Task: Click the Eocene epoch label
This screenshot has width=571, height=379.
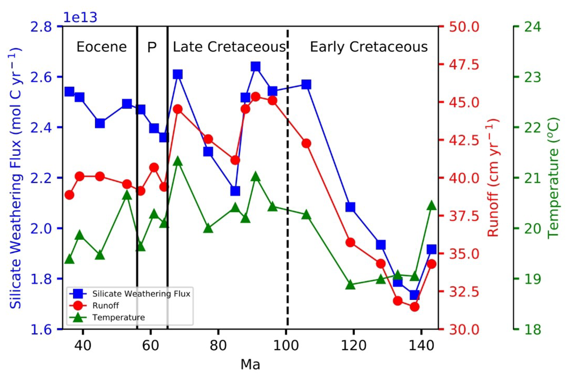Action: [101, 47]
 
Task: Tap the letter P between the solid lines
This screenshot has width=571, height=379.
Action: [152, 47]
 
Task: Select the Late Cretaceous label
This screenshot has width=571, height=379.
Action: [229, 47]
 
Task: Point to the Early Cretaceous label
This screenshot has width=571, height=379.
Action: [369, 47]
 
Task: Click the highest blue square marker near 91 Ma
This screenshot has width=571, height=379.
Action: [256, 66]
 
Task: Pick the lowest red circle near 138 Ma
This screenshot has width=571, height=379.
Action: [415, 307]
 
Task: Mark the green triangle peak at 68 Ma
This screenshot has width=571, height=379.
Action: [178, 161]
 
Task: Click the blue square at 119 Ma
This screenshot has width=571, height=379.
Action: [350, 207]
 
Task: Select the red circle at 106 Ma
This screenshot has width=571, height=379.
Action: [306, 143]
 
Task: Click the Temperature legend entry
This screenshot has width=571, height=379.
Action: [119, 317]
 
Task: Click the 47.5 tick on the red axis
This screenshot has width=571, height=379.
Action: [464, 65]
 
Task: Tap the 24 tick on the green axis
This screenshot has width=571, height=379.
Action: [533, 27]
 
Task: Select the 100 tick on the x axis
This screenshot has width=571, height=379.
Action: [286, 345]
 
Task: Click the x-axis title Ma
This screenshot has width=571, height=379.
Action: [250, 364]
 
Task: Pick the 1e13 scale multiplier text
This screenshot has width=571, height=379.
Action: [80, 18]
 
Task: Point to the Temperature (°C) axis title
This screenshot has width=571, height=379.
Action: [553, 178]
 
